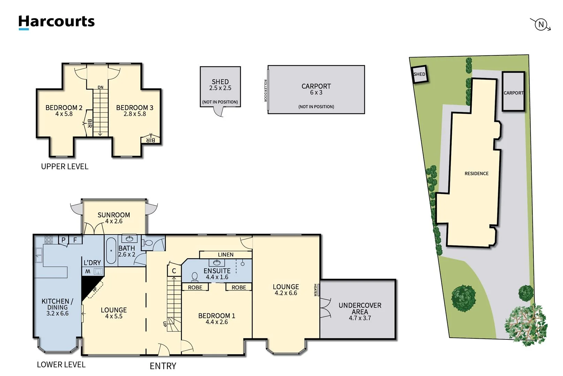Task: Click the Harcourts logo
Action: coord(56,22)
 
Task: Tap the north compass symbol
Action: coord(541,24)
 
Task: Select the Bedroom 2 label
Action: coord(64,108)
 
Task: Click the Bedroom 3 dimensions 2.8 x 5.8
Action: coord(134,114)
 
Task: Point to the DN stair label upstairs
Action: coord(100,87)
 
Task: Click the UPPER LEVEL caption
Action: coord(64,166)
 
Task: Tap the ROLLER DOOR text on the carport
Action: coord(265,91)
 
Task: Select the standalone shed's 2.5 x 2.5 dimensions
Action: coord(220,88)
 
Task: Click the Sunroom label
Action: coord(114,215)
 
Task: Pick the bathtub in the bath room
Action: coord(111,251)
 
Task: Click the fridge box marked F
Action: coord(75,240)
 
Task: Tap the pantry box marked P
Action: coord(63,240)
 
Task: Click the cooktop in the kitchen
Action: coord(48,240)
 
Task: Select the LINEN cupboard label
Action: coord(225,254)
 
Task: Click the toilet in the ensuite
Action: coord(195,277)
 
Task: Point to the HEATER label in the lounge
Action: coord(315,290)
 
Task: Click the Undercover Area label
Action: coord(360,308)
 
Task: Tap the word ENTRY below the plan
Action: coord(163,366)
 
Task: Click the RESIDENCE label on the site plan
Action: coord(476,173)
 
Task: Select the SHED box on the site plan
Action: coord(419,74)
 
